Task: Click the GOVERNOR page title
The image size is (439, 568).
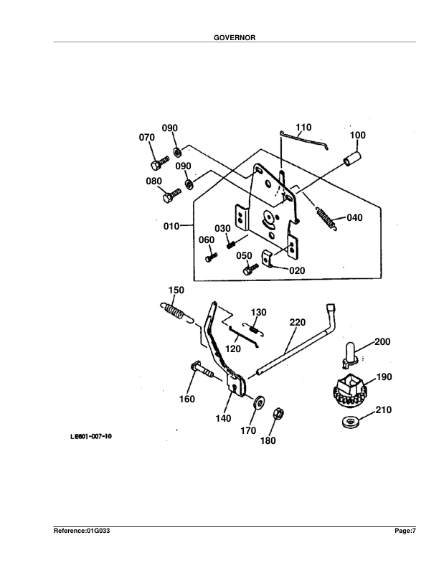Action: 219,38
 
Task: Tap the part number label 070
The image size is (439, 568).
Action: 147,137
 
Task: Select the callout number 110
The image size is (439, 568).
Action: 303,128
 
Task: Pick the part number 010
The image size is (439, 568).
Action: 171,227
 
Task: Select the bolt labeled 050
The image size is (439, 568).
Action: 249,270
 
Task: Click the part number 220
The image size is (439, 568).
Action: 298,323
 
